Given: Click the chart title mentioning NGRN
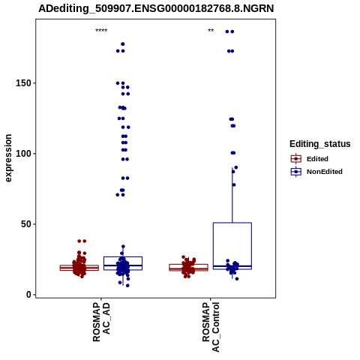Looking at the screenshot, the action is [x=156, y=8].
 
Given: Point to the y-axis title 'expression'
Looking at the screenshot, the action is [x=8, y=158].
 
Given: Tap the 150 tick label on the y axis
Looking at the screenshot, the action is [x=23, y=83].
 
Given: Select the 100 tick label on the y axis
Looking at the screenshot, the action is [x=23, y=154].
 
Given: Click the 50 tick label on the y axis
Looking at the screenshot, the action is [x=26, y=224].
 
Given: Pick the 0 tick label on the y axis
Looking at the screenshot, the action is [x=28, y=295].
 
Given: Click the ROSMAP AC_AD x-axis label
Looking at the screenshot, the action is [x=101, y=322].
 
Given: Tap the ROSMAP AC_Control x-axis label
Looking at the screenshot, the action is [x=211, y=327].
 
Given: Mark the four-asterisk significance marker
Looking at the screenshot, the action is [x=101, y=31].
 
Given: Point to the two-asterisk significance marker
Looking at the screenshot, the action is [x=211, y=31].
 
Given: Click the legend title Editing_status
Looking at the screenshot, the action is [x=320, y=144].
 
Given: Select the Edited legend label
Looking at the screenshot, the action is [x=317, y=159].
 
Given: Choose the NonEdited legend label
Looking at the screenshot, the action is [x=325, y=172].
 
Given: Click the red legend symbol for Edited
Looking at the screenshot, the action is [x=296, y=159].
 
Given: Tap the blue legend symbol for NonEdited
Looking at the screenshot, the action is [x=296, y=172].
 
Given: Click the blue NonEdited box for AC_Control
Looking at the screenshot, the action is [x=232, y=223].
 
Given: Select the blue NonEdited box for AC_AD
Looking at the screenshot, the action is [x=123, y=256].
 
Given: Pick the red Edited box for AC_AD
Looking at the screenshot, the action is [x=79, y=265].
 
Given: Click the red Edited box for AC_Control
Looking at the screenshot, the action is [x=188, y=264].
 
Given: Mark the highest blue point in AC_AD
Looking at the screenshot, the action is [x=123, y=44].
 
